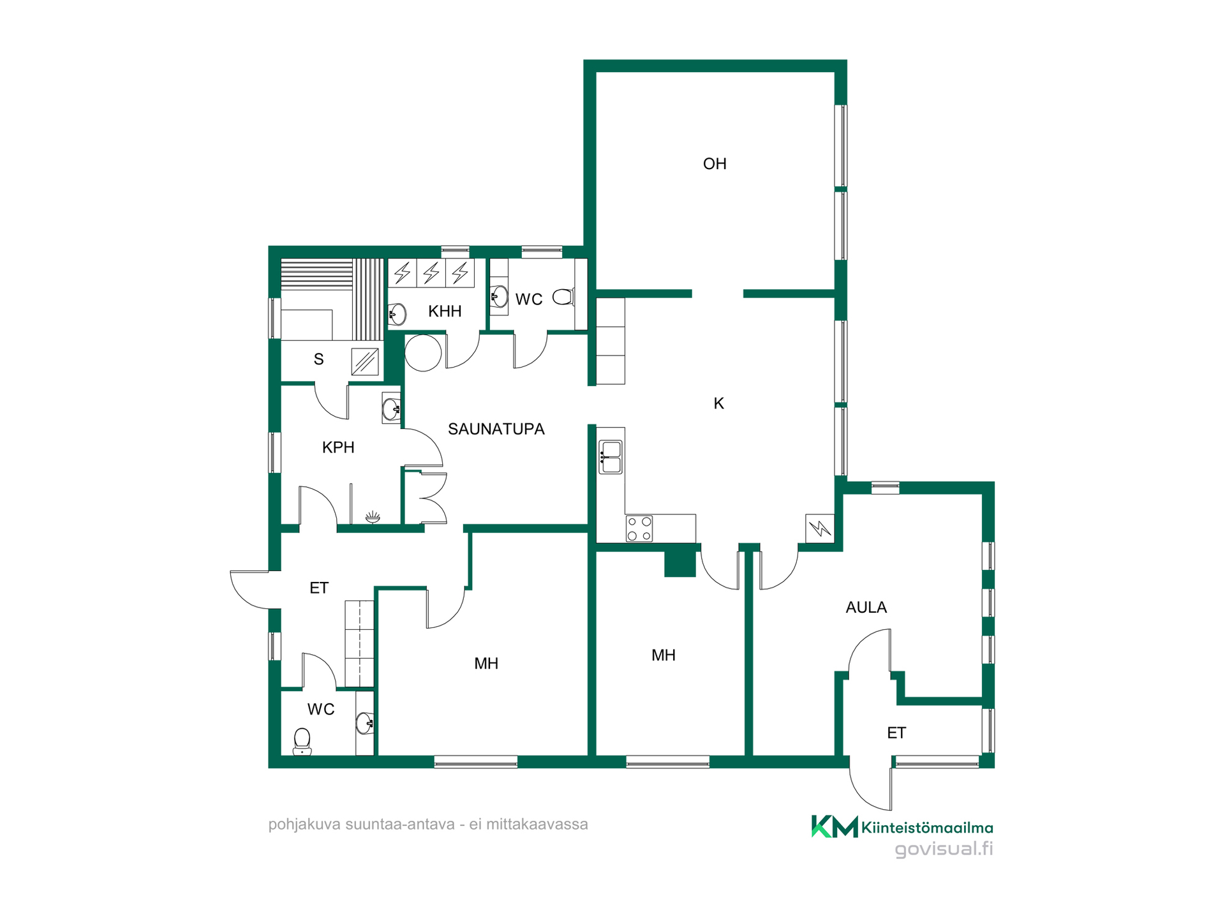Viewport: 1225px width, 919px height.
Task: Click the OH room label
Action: coord(715,164)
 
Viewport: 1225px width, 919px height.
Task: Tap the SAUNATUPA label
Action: coord(496,429)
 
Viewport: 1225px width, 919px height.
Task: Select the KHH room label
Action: coord(445,311)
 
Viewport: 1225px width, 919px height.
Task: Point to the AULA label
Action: coord(866,608)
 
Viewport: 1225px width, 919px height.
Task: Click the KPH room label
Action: coord(338,447)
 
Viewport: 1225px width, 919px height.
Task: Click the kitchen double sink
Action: coord(611,457)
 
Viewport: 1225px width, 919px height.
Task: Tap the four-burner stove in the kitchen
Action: coord(639,529)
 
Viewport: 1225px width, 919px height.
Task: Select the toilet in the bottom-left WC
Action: coord(302,742)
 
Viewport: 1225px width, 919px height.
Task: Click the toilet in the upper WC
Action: coord(563,296)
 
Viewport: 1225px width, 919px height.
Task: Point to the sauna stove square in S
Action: coord(365,362)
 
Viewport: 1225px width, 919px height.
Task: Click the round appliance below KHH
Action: coord(423,352)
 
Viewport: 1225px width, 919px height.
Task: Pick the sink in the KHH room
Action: coord(397,315)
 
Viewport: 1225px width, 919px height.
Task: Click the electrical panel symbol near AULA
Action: coord(820,528)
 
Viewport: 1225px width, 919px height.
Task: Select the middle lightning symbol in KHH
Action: coord(431,273)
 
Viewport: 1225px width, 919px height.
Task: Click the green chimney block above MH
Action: coord(680,563)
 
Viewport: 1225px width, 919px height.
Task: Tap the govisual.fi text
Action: coord(944,849)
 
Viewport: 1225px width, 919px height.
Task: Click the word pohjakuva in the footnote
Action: coord(304,825)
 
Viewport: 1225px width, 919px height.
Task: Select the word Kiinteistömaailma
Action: coord(927,828)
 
